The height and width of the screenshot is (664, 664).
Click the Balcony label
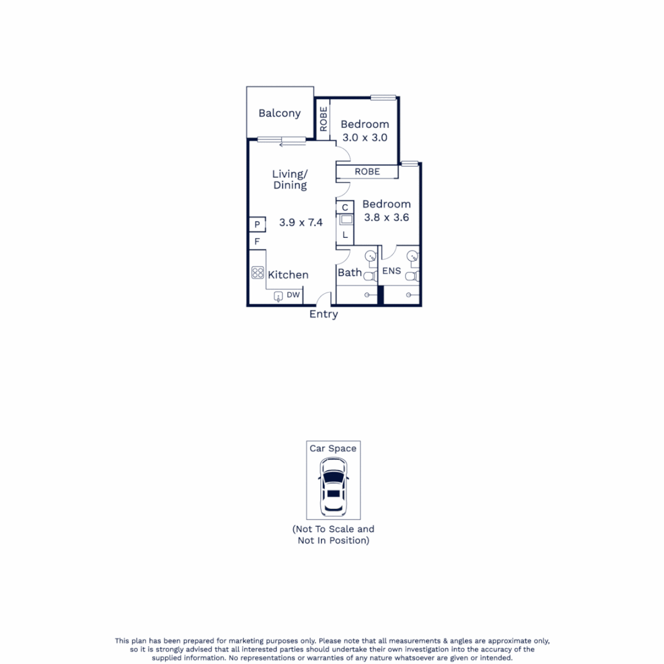point(279,113)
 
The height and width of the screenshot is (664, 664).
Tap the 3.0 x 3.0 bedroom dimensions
point(364,138)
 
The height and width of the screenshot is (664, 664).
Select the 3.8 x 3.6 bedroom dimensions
point(386,217)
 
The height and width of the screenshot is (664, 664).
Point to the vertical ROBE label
point(323,119)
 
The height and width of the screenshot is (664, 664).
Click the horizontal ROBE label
point(367,172)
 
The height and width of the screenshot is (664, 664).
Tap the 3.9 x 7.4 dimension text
point(301,223)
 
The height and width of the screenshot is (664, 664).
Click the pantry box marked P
point(256,224)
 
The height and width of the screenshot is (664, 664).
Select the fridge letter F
point(256,242)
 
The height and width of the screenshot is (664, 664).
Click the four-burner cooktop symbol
point(258,273)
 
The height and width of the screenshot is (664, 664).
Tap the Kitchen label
point(288,275)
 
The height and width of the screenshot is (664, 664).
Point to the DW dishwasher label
point(293,296)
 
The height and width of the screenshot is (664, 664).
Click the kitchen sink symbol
point(278,296)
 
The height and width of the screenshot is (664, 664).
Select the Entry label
point(323,314)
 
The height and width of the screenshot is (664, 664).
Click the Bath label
point(350,272)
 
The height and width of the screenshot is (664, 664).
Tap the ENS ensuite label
point(391,271)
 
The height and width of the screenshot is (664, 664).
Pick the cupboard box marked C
point(346,207)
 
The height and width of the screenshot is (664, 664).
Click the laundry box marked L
point(346,235)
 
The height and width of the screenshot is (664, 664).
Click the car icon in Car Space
point(333,488)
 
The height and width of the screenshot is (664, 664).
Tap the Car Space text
point(333,449)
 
